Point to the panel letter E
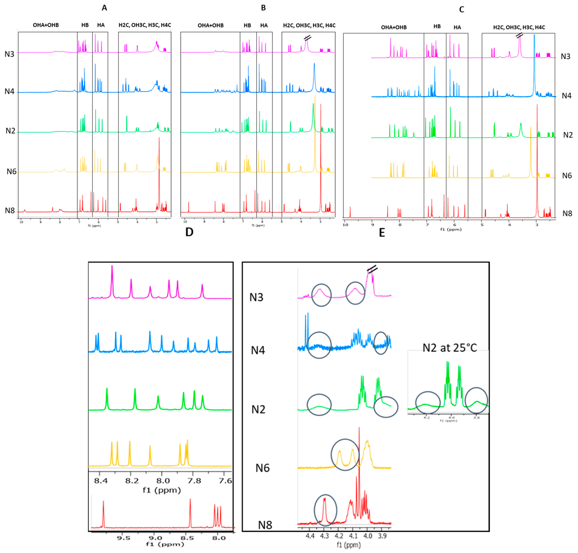click(x=382, y=233)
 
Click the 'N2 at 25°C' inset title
click(x=450, y=348)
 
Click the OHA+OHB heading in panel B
click(x=210, y=25)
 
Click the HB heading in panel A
click(x=85, y=25)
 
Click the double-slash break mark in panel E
click(x=372, y=269)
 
